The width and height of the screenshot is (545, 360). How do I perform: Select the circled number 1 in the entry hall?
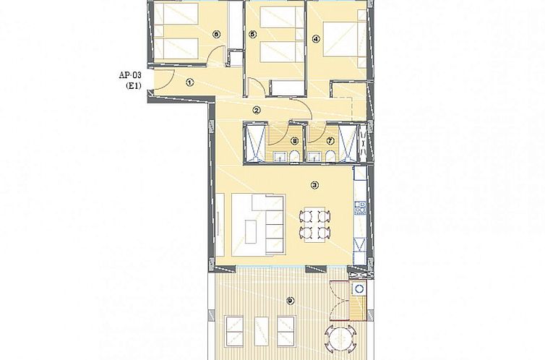189,83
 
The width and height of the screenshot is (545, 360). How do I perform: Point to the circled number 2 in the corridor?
257,110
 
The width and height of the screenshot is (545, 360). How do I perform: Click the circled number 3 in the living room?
314,185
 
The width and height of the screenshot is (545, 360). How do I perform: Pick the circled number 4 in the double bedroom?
316,40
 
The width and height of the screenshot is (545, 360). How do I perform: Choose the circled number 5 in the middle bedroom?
252,34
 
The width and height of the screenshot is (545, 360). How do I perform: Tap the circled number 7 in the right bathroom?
330,141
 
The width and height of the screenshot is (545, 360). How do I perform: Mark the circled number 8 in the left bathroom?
294,141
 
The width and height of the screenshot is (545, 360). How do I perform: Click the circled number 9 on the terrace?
290,301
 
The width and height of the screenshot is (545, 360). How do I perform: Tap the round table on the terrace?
340,337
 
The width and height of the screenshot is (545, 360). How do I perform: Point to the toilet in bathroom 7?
330,157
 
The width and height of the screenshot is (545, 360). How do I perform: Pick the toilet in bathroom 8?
294,157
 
